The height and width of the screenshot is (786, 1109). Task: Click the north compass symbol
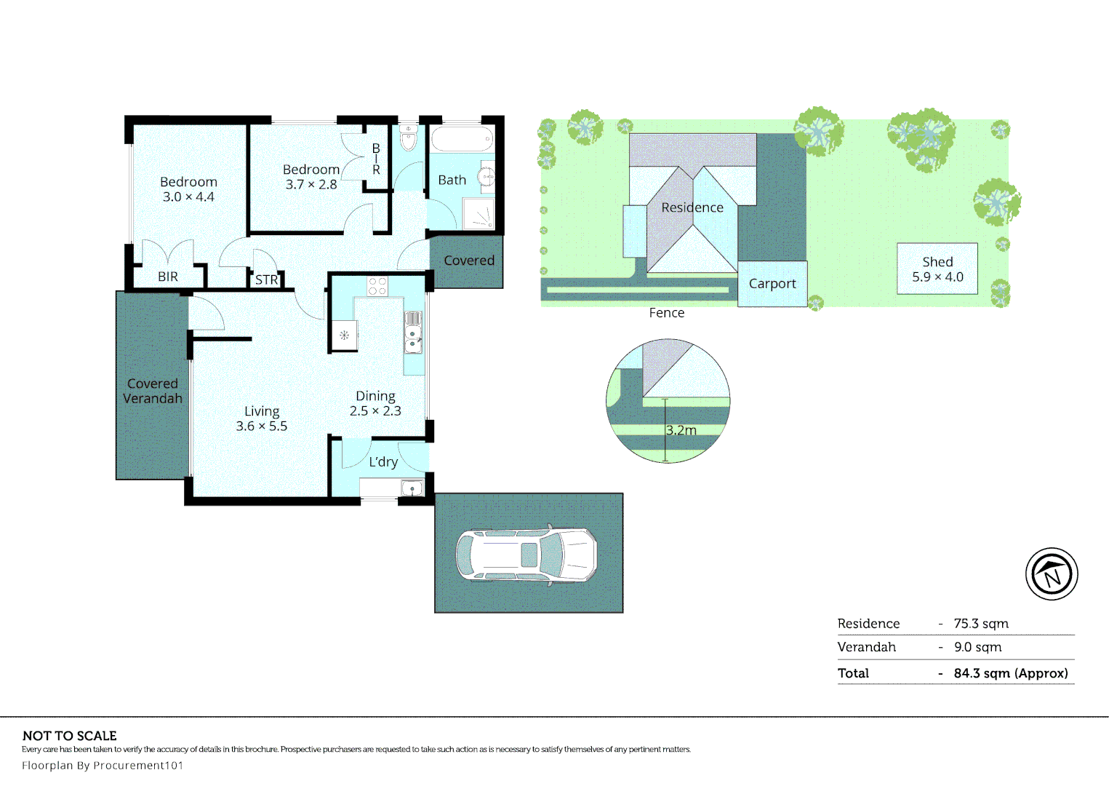[1052, 574]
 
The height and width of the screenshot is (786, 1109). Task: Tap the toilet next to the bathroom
[409, 138]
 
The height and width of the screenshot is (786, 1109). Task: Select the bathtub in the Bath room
[462, 139]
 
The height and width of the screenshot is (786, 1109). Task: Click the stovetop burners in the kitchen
[377, 286]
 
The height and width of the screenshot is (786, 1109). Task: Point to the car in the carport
[527, 555]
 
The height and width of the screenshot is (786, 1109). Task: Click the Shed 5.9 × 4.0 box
[937, 269]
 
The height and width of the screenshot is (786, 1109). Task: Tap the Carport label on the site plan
[772, 284]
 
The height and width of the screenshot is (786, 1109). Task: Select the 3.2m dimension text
[681, 430]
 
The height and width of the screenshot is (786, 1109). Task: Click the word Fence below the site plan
[666, 313]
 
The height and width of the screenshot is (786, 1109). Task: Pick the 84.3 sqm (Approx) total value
[1011, 673]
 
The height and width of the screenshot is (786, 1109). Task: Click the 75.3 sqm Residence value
[981, 624]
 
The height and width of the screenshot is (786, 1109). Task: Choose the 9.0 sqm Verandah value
[978, 647]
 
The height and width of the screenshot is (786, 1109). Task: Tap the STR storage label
[266, 280]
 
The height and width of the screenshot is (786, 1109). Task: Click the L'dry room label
[383, 462]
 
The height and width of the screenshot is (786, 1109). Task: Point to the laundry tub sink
[412, 488]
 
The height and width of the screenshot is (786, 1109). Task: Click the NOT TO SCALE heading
[70, 736]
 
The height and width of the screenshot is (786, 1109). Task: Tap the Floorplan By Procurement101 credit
[103, 765]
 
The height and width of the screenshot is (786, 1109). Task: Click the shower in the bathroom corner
[479, 213]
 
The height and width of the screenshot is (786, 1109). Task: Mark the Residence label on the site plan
[692, 207]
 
